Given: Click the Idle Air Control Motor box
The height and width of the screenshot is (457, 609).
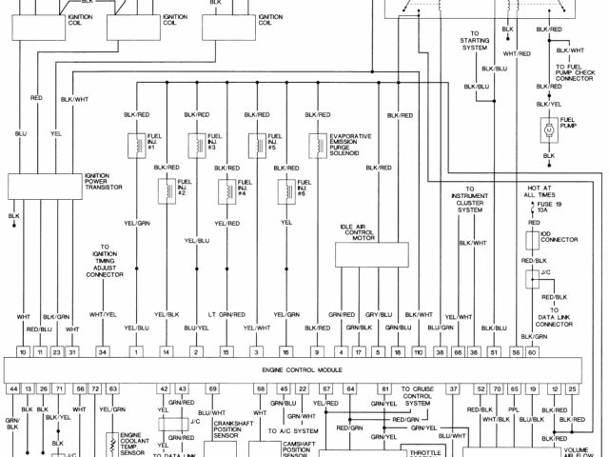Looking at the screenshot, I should click(x=374, y=255).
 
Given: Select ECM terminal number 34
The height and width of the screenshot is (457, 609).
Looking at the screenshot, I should click(x=102, y=352).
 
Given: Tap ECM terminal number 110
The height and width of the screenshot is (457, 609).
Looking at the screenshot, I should click(x=418, y=352).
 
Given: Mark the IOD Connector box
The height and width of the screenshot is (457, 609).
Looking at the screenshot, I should click(x=533, y=240).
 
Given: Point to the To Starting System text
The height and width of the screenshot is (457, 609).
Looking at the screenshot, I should click(x=474, y=44).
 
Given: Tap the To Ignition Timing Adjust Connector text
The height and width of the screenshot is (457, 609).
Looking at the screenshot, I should click(x=105, y=261).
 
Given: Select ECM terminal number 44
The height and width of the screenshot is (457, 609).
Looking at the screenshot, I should click(x=13, y=389).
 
